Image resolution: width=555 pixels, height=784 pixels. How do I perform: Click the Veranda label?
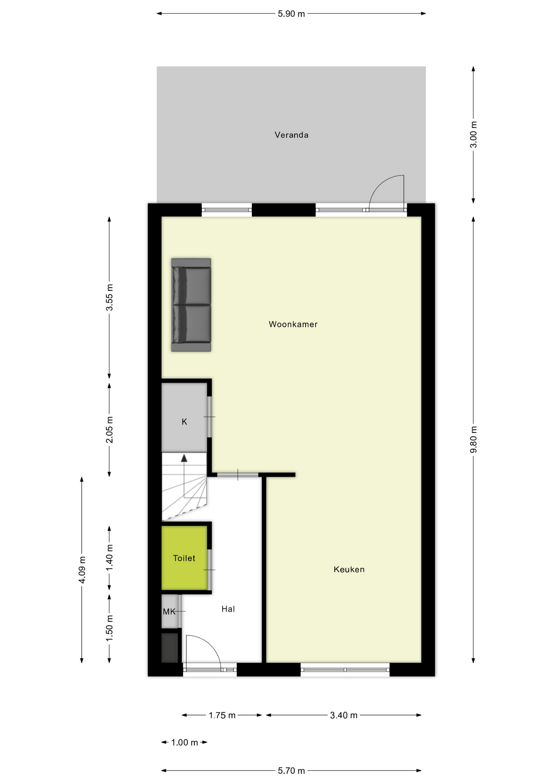[291, 135]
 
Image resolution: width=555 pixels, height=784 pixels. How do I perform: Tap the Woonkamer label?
[293, 324]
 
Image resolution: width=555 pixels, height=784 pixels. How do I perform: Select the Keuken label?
[349, 569]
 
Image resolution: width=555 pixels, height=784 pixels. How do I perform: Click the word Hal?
[228, 609]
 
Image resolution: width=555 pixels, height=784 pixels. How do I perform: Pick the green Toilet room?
[184, 558]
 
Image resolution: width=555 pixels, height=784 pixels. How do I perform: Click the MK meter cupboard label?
[169, 611]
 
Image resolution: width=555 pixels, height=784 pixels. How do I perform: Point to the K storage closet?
[184, 421]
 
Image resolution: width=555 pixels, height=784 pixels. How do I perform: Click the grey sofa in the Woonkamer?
[191, 305]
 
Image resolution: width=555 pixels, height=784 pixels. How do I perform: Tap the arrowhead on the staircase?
[184, 458]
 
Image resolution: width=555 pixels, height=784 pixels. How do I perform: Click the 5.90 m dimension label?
[291, 14]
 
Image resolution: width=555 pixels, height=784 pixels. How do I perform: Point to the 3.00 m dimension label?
[473, 134]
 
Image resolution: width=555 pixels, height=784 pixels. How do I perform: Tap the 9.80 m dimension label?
[473, 439]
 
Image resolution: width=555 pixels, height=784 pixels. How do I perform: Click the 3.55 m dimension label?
[110, 297]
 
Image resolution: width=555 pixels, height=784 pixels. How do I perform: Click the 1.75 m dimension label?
[222, 715]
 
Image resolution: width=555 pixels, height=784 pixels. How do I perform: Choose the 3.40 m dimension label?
[344, 715]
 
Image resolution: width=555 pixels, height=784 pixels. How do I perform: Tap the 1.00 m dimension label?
[184, 742]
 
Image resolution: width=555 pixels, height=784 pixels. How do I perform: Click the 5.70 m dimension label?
[291, 771]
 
